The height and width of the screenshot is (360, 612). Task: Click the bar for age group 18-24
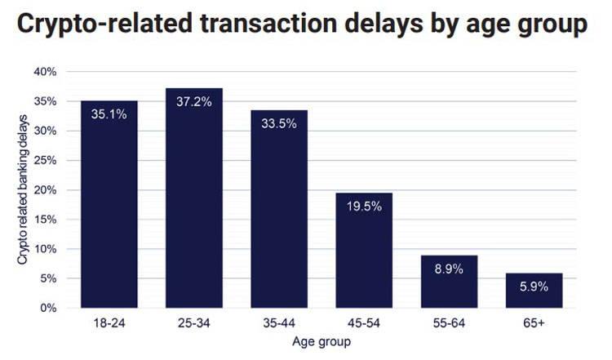click(109, 204)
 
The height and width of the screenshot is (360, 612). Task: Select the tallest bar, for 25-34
click(194, 198)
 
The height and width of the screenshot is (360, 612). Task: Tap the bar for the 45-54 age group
click(364, 251)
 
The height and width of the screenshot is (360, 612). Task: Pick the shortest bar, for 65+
click(534, 291)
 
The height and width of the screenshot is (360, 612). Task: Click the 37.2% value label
click(194, 102)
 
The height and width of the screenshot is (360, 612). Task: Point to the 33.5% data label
click(279, 124)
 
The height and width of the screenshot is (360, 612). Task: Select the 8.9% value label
click(449, 269)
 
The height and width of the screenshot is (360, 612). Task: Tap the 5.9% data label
click(534, 287)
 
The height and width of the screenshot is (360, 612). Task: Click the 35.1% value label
click(109, 114)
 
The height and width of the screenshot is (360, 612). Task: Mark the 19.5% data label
click(364, 207)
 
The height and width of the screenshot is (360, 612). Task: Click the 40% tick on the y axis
click(45, 72)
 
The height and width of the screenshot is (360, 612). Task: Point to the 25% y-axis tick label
click(45, 161)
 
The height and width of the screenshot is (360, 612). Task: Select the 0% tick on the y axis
click(48, 308)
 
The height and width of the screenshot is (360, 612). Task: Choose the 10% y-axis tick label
click(45, 249)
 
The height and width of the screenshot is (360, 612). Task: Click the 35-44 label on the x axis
click(279, 323)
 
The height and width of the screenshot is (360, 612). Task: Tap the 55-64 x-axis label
click(449, 323)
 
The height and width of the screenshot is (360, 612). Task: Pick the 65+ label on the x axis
click(534, 323)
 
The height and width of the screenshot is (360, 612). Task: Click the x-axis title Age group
click(322, 342)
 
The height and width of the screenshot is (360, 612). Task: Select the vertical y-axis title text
click(23, 189)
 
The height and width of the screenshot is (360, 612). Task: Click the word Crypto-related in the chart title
click(105, 24)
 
